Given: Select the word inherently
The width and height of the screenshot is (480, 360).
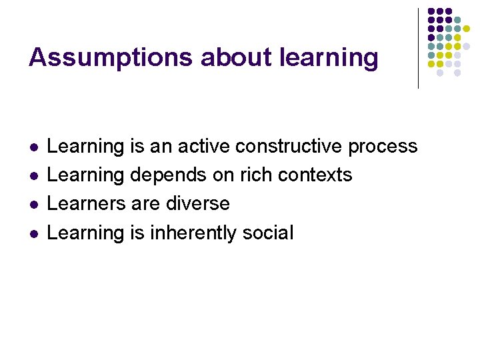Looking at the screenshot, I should pyautogui.click(x=193, y=233).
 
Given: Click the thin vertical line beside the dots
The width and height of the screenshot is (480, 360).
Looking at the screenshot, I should pyautogui.click(x=418, y=48).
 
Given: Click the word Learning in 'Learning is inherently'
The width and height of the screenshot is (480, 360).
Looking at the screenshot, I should pyautogui.click(x=86, y=233).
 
